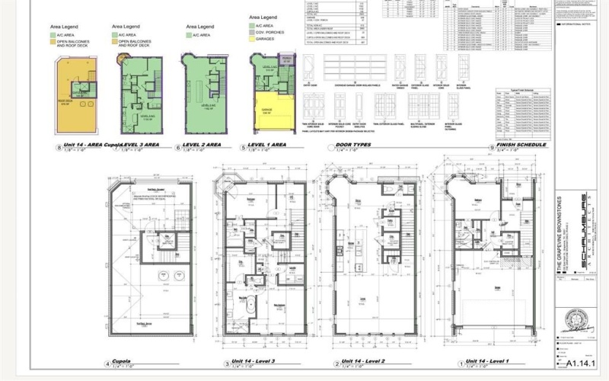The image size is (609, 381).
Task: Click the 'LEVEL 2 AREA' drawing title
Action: (x=203, y=144)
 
